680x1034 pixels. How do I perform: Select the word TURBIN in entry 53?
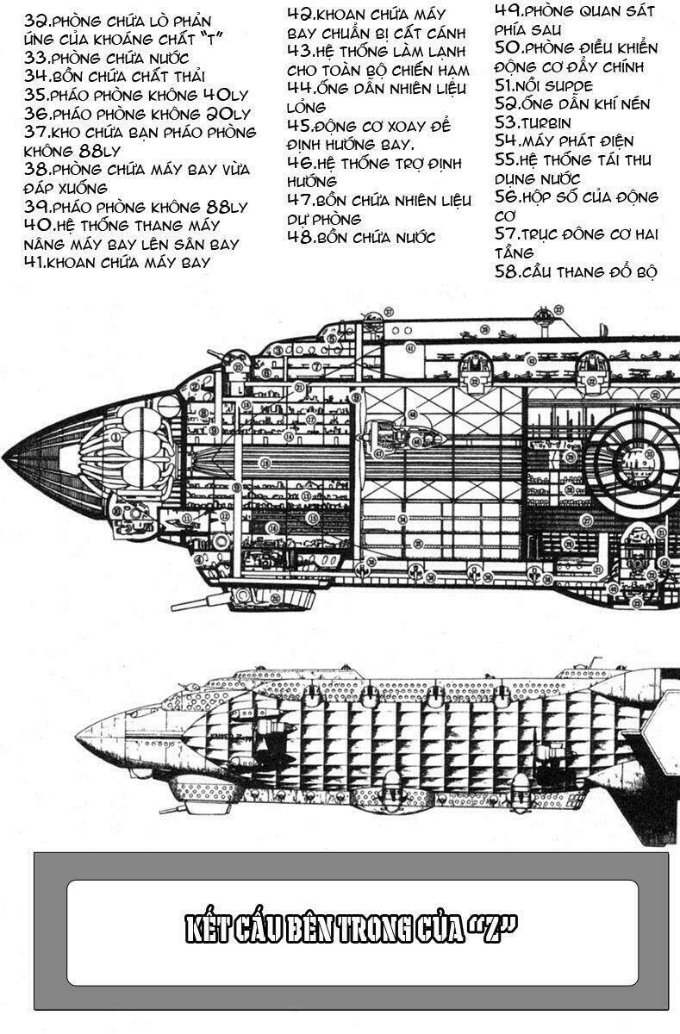tap(546, 122)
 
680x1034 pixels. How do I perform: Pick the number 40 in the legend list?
tap(38, 226)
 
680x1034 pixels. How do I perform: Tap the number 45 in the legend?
tap(299, 125)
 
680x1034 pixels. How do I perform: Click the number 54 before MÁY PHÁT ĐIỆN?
tap(506, 140)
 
